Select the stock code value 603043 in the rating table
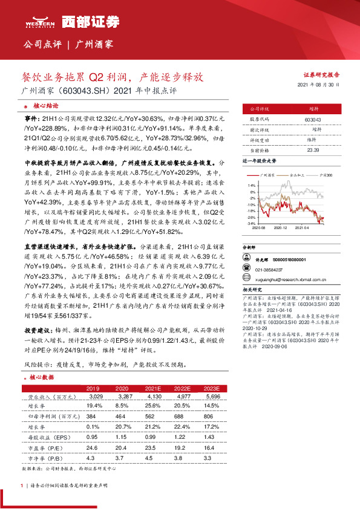(313, 120)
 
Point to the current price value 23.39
(313, 149)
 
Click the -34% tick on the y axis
(250, 223)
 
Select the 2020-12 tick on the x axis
(279, 228)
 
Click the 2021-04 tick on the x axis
(303, 228)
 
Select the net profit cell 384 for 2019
(92, 417)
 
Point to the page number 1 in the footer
(22, 485)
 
